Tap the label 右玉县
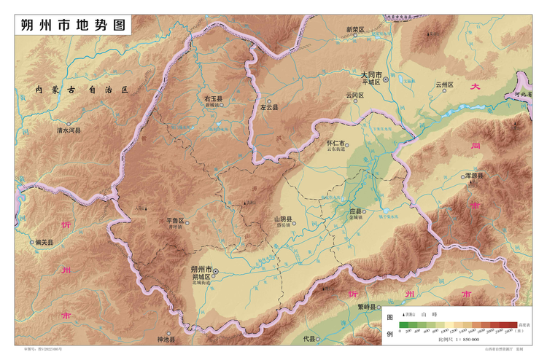[214, 98]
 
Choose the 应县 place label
[355, 211]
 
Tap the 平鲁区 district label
[176, 220]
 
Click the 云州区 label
[445, 85]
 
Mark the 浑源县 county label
[476, 176]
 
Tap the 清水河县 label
[69, 130]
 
